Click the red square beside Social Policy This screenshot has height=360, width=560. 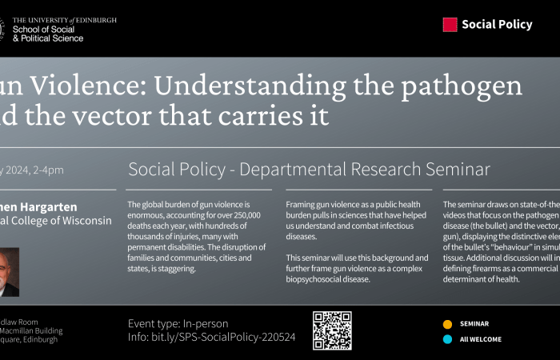pyautogui.click(x=450, y=25)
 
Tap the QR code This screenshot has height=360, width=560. pyautogui.click(x=332, y=330)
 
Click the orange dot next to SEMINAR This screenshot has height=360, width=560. pyautogui.click(x=447, y=324)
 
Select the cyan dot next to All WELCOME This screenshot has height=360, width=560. pyautogui.click(x=447, y=339)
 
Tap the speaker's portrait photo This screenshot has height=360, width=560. pyautogui.click(x=10, y=272)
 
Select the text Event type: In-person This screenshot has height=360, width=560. pyautogui.click(x=178, y=324)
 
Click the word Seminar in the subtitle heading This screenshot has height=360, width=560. pyautogui.click(x=451, y=170)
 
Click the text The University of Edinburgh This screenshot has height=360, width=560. pyautogui.click(x=65, y=19)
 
